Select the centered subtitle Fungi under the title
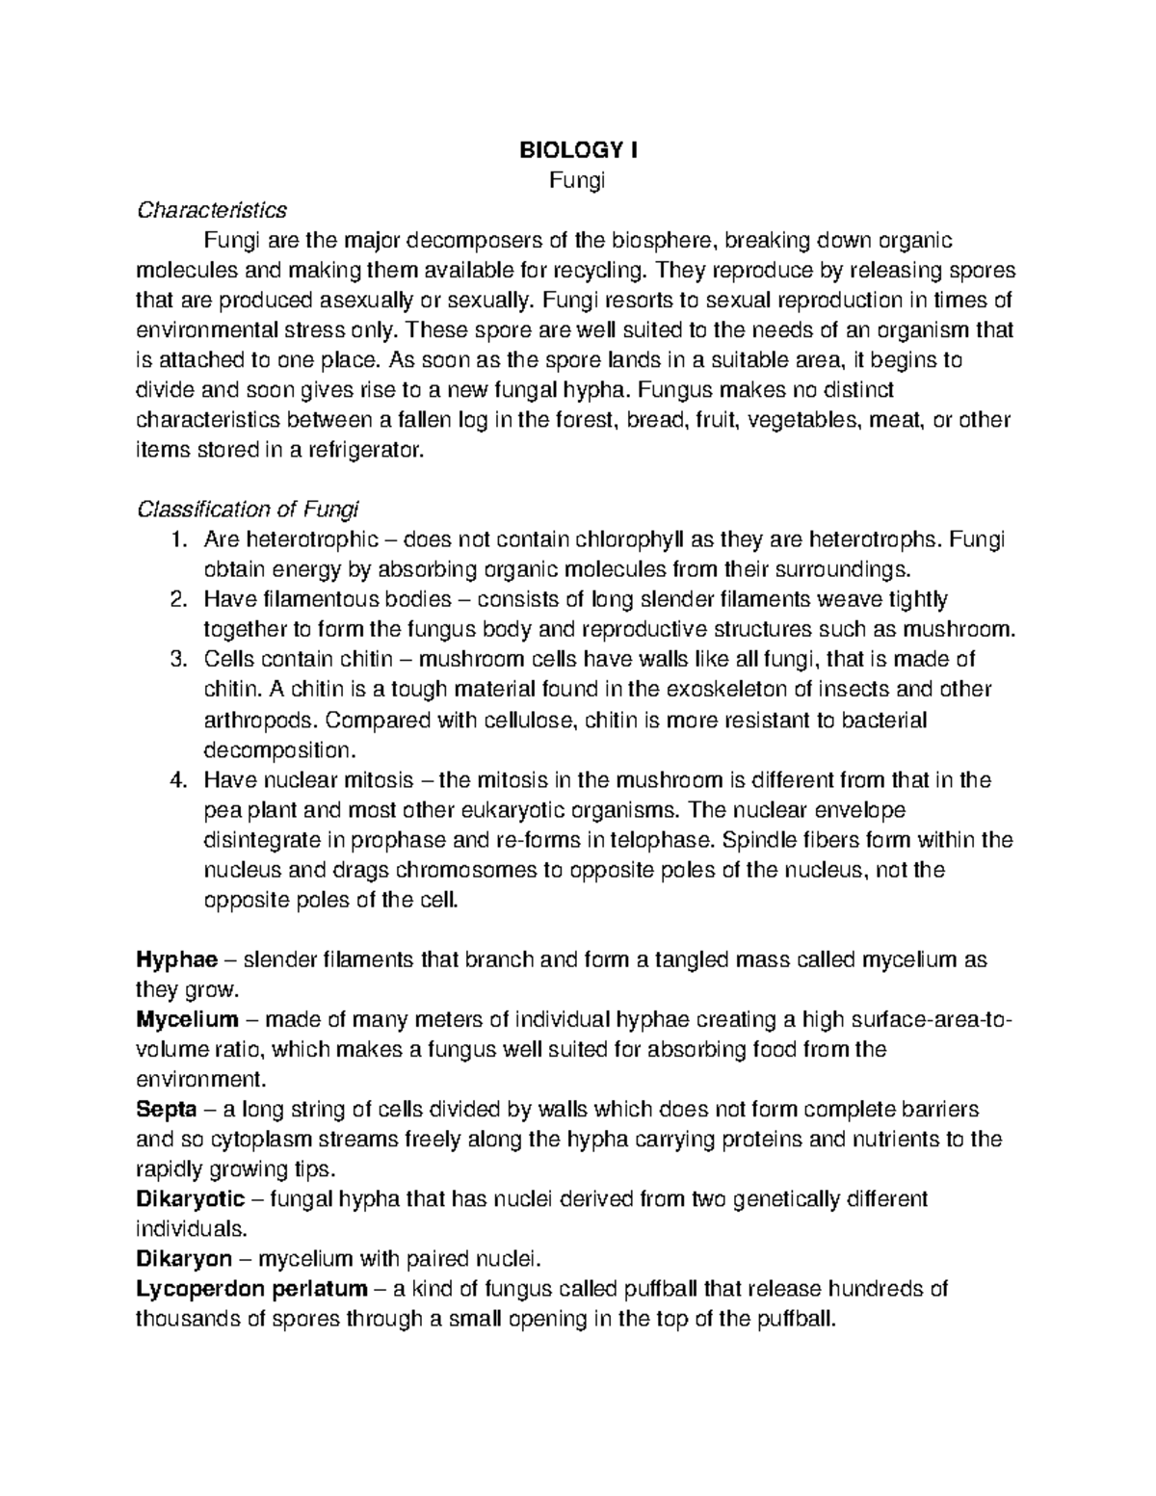[x=578, y=180]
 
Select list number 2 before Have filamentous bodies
[x=176, y=599]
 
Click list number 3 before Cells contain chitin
[x=176, y=659]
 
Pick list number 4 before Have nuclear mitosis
[x=176, y=779]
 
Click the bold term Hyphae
[x=177, y=960]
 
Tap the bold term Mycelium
[x=187, y=1020]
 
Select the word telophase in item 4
[x=574, y=840]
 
